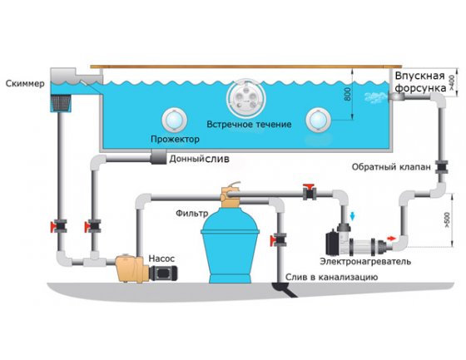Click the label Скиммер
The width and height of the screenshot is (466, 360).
[25, 83]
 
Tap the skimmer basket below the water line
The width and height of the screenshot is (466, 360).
[62, 103]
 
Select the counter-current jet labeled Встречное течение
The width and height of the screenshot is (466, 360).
[245, 97]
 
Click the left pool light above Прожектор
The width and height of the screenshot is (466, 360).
[174, 120]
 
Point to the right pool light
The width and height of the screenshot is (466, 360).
[318, 120]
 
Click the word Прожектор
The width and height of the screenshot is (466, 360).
[175, 139]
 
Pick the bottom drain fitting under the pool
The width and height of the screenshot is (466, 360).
[158, 156]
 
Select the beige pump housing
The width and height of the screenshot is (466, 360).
[132, 269]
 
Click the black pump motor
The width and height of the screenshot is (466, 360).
[163, 273]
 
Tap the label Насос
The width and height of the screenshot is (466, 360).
[161, 259]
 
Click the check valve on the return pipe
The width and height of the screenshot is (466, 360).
[441, 167]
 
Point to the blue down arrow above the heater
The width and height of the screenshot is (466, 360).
[353, 216]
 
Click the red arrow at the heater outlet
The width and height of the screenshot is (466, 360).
[391, 239]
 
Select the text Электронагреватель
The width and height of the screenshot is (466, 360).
[365, 261]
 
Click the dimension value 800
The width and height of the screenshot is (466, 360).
[347, 94]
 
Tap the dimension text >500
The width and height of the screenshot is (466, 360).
[447, 220]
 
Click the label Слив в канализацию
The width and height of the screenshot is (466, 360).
[331, 277]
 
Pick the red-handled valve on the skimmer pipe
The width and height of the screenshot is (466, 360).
[59, 226]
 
